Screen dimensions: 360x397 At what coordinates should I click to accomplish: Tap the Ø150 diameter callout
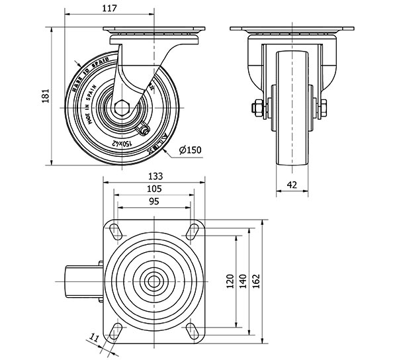click(191, 150)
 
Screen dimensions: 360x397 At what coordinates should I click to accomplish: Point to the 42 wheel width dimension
click(292, 185)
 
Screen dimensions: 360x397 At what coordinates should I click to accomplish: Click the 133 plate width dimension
click(154, 177)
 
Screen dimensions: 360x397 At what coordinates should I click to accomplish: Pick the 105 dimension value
click(154, 189)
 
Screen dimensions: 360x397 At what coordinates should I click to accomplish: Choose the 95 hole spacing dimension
click(154, 201)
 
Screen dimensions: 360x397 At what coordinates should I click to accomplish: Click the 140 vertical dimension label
click(243, 281)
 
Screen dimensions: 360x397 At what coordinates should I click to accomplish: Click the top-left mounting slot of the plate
click(115, 231)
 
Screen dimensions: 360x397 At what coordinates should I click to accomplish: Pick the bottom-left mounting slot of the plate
click(115, 330)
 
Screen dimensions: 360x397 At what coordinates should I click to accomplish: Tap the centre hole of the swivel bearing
click(154, 281)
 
